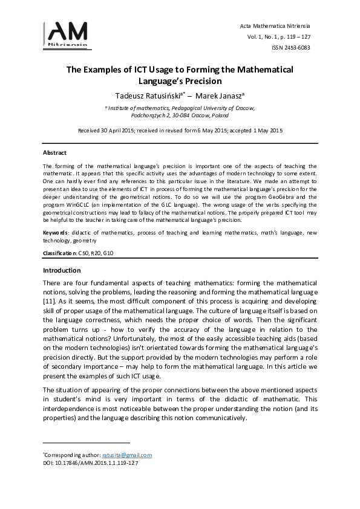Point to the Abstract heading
[x=54, y=153]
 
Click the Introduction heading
[x=62, y=270]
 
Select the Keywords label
[x=56, y=233]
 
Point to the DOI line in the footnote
[x=90, y=463]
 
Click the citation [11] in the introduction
[x=50, y=300]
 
